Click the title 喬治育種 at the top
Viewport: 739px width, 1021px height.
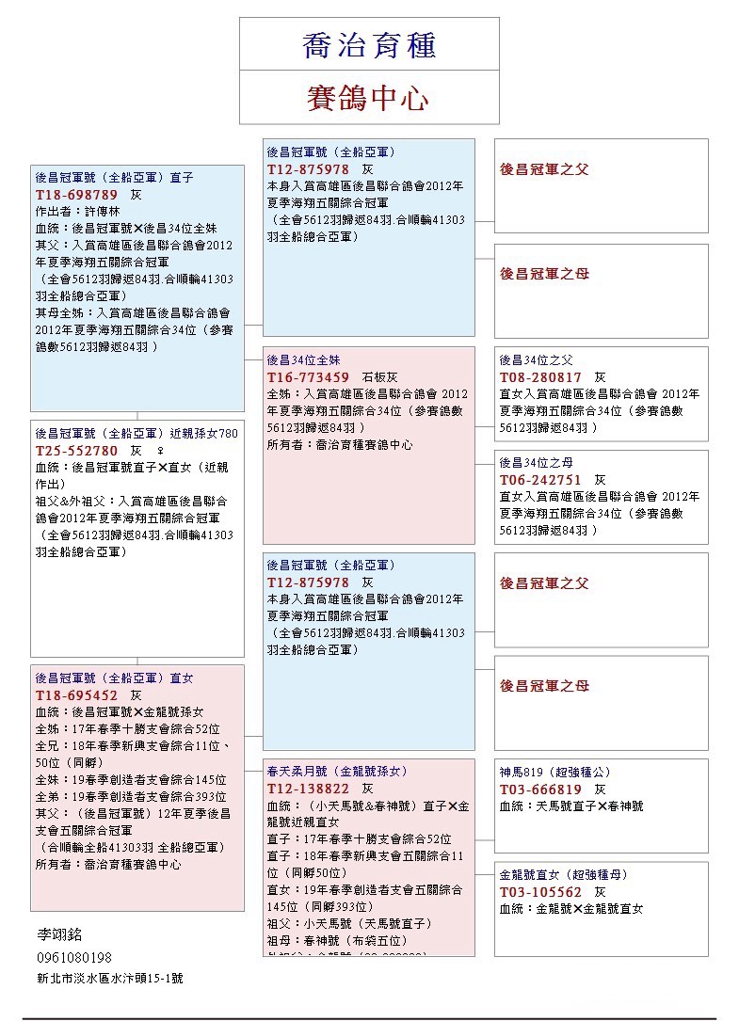coord(368,45)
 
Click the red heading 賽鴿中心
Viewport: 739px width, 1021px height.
coord(368,98)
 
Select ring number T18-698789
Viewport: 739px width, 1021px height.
coord(77,194)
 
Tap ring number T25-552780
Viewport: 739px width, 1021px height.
coord(77,451)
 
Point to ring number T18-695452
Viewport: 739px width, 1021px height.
coord(77,694)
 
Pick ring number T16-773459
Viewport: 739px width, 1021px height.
coord(309,377)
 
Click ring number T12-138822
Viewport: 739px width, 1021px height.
coord(309,789)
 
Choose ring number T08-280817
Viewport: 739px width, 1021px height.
coord(540,377)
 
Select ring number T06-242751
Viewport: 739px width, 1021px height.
coord(540,479)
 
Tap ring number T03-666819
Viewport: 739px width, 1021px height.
coord(540,789)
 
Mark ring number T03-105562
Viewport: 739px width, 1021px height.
coord(540,891)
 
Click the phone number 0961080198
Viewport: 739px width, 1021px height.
coord(74,957)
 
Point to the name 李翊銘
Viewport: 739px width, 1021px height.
coord(59,934)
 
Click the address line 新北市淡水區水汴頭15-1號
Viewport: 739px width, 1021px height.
coord(109,979)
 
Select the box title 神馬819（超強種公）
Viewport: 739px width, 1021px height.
coord(554,772)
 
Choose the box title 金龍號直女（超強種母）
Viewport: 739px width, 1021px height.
coord(563,874)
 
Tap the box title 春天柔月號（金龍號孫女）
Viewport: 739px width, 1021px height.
coord(337,771)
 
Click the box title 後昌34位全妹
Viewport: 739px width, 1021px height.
coord(303,359)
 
